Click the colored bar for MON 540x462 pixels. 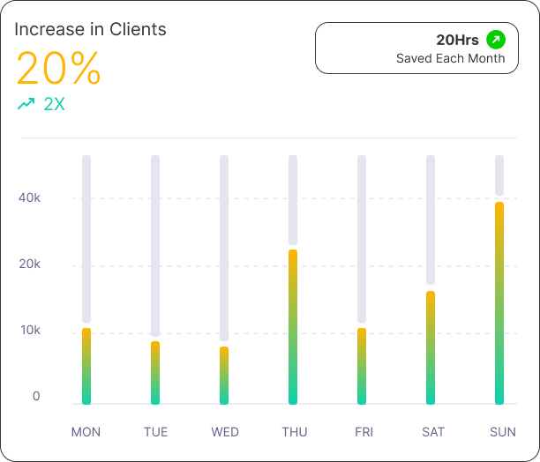(86, 366)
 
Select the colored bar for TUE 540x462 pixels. (155, 373)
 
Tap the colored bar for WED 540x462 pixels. (224, 376)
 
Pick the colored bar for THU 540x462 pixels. (293, 327)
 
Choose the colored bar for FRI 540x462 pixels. (362, 366)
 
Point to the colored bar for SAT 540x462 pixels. (431, 347)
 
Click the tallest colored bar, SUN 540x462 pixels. (499, 303)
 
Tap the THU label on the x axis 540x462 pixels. (295, 432)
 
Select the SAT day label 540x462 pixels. (433, 432)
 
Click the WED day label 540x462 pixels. (225, 432)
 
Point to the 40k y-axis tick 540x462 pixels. (30, 197)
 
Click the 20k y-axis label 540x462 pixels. (30, 265)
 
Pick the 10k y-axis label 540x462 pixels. (30, 331)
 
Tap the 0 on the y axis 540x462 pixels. (36, 397)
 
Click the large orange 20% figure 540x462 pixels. (58, 69)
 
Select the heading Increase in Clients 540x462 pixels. (90, 29)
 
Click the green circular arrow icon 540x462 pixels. (496, 40)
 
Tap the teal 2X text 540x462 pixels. (54, 104)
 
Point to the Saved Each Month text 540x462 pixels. (450, 58)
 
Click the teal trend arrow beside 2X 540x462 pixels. (26, 104)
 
